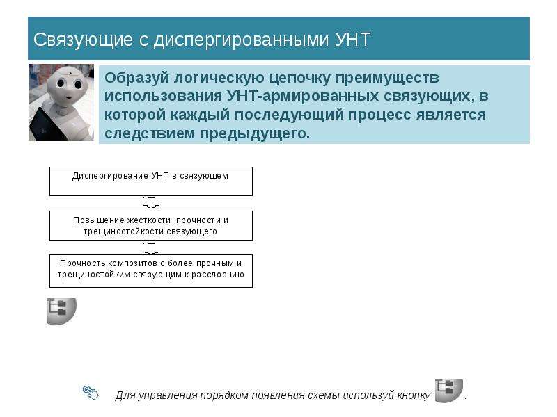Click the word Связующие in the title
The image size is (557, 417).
(x=83, y=40)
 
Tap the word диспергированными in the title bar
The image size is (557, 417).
(x=242, y=40)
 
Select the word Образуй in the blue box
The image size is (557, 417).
(x=137, y=78)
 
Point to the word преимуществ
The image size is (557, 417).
(x=388, y=78)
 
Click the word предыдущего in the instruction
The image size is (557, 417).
(x=254, y=133)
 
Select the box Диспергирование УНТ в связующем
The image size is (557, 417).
(x=151, y=181)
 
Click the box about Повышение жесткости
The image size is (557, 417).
(x=151, y=226)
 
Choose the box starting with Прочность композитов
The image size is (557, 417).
(x=151, y=271)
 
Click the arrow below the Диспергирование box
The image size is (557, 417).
(x=151, y=203)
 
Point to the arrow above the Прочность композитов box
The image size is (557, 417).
(x=151, y=248)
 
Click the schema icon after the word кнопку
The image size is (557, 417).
(x=449, y=391)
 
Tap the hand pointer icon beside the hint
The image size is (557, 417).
(x=91, y=392)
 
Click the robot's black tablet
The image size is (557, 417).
(x=46, y=125)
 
